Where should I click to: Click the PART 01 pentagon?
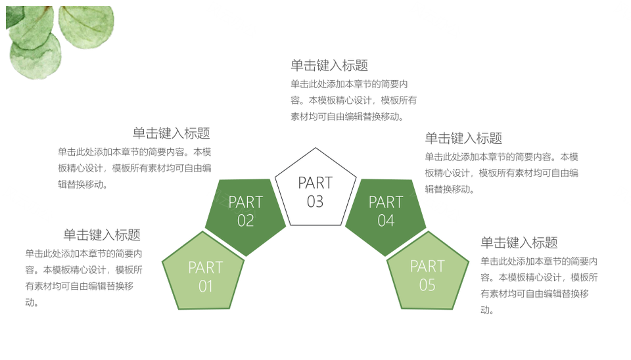(x=203, y=273)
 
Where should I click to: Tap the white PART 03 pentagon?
(x=315, y=189)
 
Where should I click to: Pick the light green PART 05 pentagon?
(x=428, y=273)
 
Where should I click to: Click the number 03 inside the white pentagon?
(x=315, y=202)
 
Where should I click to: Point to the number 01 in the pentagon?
(x=205, y=286)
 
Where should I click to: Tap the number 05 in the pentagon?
(x=427, y=285)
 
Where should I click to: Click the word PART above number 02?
(x=245, y=202)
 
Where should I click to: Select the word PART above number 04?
(x=386, y=202)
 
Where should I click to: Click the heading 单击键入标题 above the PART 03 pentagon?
(x=329, y=65)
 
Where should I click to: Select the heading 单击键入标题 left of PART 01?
(x=102, y=235)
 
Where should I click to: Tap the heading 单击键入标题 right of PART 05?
(x=519, y=242)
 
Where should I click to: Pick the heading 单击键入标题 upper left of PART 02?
(x=172, y=133)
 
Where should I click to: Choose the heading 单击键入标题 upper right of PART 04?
(x=463, y=138)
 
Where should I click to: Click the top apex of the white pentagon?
(x=315, y=148)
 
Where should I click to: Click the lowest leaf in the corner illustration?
(x=35, y=56)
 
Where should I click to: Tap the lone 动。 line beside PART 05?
(x=487, y=309)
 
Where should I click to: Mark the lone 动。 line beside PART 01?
(x=32, y=302)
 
